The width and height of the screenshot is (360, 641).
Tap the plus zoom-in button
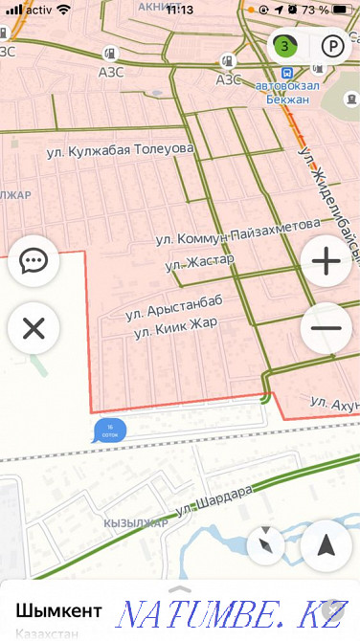click(326, 260)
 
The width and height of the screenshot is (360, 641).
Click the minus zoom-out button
click(326, 328)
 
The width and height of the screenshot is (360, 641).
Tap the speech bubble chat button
click(34, 260)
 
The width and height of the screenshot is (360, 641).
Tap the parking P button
click(331, 46)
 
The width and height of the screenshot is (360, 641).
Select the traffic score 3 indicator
click(285, 45)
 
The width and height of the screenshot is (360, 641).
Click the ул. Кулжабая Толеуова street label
click(120, 150)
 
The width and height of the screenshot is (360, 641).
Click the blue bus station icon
click(285, 73)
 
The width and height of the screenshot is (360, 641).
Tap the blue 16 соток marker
click(109, 431)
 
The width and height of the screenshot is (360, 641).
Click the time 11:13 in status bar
click(179, 10)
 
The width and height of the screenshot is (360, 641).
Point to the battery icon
click(342, 10)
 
